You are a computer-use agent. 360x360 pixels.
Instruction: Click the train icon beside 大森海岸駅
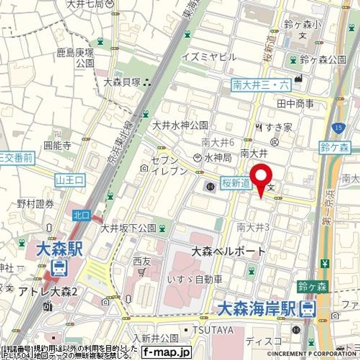pyautogui.click(x=307, y=309)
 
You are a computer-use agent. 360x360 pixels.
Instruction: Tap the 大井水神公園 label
pyautogui.click(x=180, y=125)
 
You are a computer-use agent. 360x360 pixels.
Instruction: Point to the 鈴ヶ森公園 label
pyautogui.click(x=323, y=60)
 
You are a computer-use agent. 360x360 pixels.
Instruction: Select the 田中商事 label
pyautogui.click(x=295, y=104)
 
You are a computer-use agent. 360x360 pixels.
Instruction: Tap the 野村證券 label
pyautogui.click(x=35, y=203)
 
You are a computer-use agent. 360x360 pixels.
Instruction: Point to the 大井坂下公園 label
pyautogui.click(x=128, y=228)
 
